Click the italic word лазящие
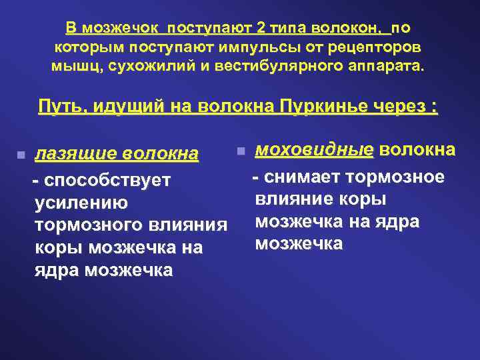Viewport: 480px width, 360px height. pos(72,155)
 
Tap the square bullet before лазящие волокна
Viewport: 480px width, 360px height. pos(21,155)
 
